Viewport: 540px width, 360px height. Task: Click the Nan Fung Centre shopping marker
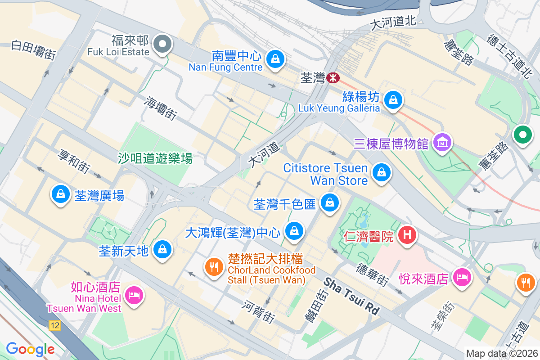[274, 58]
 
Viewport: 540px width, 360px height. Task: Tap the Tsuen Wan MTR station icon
[333, 78]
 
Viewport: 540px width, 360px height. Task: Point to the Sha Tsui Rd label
[352, 296]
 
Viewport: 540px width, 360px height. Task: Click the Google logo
[30, 349]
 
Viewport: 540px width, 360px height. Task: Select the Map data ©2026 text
[501, 353]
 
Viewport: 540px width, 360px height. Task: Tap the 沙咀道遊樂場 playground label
[155, 158]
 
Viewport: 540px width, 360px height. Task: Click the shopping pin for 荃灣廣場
[60, 194]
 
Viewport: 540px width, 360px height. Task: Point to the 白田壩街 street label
[33, 50]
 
